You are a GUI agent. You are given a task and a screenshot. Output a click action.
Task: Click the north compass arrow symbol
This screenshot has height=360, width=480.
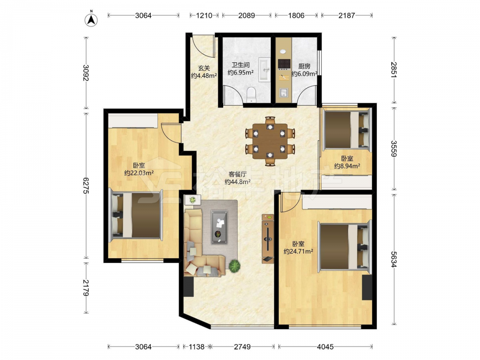tap(91, 19)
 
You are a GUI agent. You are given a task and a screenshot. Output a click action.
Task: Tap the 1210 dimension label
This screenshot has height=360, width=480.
tap(204, 15)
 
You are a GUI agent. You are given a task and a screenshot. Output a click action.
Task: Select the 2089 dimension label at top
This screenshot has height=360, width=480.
tap(246, 15)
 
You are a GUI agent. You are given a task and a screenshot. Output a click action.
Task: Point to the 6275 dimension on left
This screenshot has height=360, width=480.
tap(85, 185)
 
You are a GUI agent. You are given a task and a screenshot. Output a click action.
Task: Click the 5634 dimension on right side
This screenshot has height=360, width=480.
tap(394, 259)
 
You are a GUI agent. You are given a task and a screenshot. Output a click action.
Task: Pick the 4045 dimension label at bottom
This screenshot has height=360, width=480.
tap(325, 347)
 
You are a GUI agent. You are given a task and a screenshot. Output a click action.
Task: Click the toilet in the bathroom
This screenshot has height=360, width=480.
tap(251, 95)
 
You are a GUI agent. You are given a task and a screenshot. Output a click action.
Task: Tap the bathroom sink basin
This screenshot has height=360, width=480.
tap(264, 70)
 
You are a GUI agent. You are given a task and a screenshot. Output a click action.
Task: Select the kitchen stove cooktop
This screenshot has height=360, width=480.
tap(284, 64)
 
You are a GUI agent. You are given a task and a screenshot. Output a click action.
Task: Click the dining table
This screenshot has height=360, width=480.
tap(270, 141)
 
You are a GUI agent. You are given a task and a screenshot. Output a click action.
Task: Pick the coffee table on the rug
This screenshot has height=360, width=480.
tap(219, 227)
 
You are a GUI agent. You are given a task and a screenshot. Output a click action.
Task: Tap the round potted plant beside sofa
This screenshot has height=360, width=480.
tap(235, 265)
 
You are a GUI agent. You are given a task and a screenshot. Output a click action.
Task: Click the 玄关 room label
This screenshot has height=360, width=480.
tap(204, 68)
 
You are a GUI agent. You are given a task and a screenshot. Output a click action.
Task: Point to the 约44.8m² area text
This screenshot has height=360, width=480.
tap(238, 182)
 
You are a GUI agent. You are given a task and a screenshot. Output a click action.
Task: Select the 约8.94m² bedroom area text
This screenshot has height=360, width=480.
tap(347, 166)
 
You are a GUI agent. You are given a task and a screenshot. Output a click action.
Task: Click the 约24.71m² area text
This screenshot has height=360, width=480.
tap(298, 252)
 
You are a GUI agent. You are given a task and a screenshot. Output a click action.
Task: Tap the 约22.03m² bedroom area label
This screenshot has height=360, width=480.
tap(139, 173)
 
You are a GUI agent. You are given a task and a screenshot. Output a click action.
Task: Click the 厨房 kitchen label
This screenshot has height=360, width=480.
tap(304, 66)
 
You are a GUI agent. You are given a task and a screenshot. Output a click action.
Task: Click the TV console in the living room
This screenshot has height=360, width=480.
tap(268, 239)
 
